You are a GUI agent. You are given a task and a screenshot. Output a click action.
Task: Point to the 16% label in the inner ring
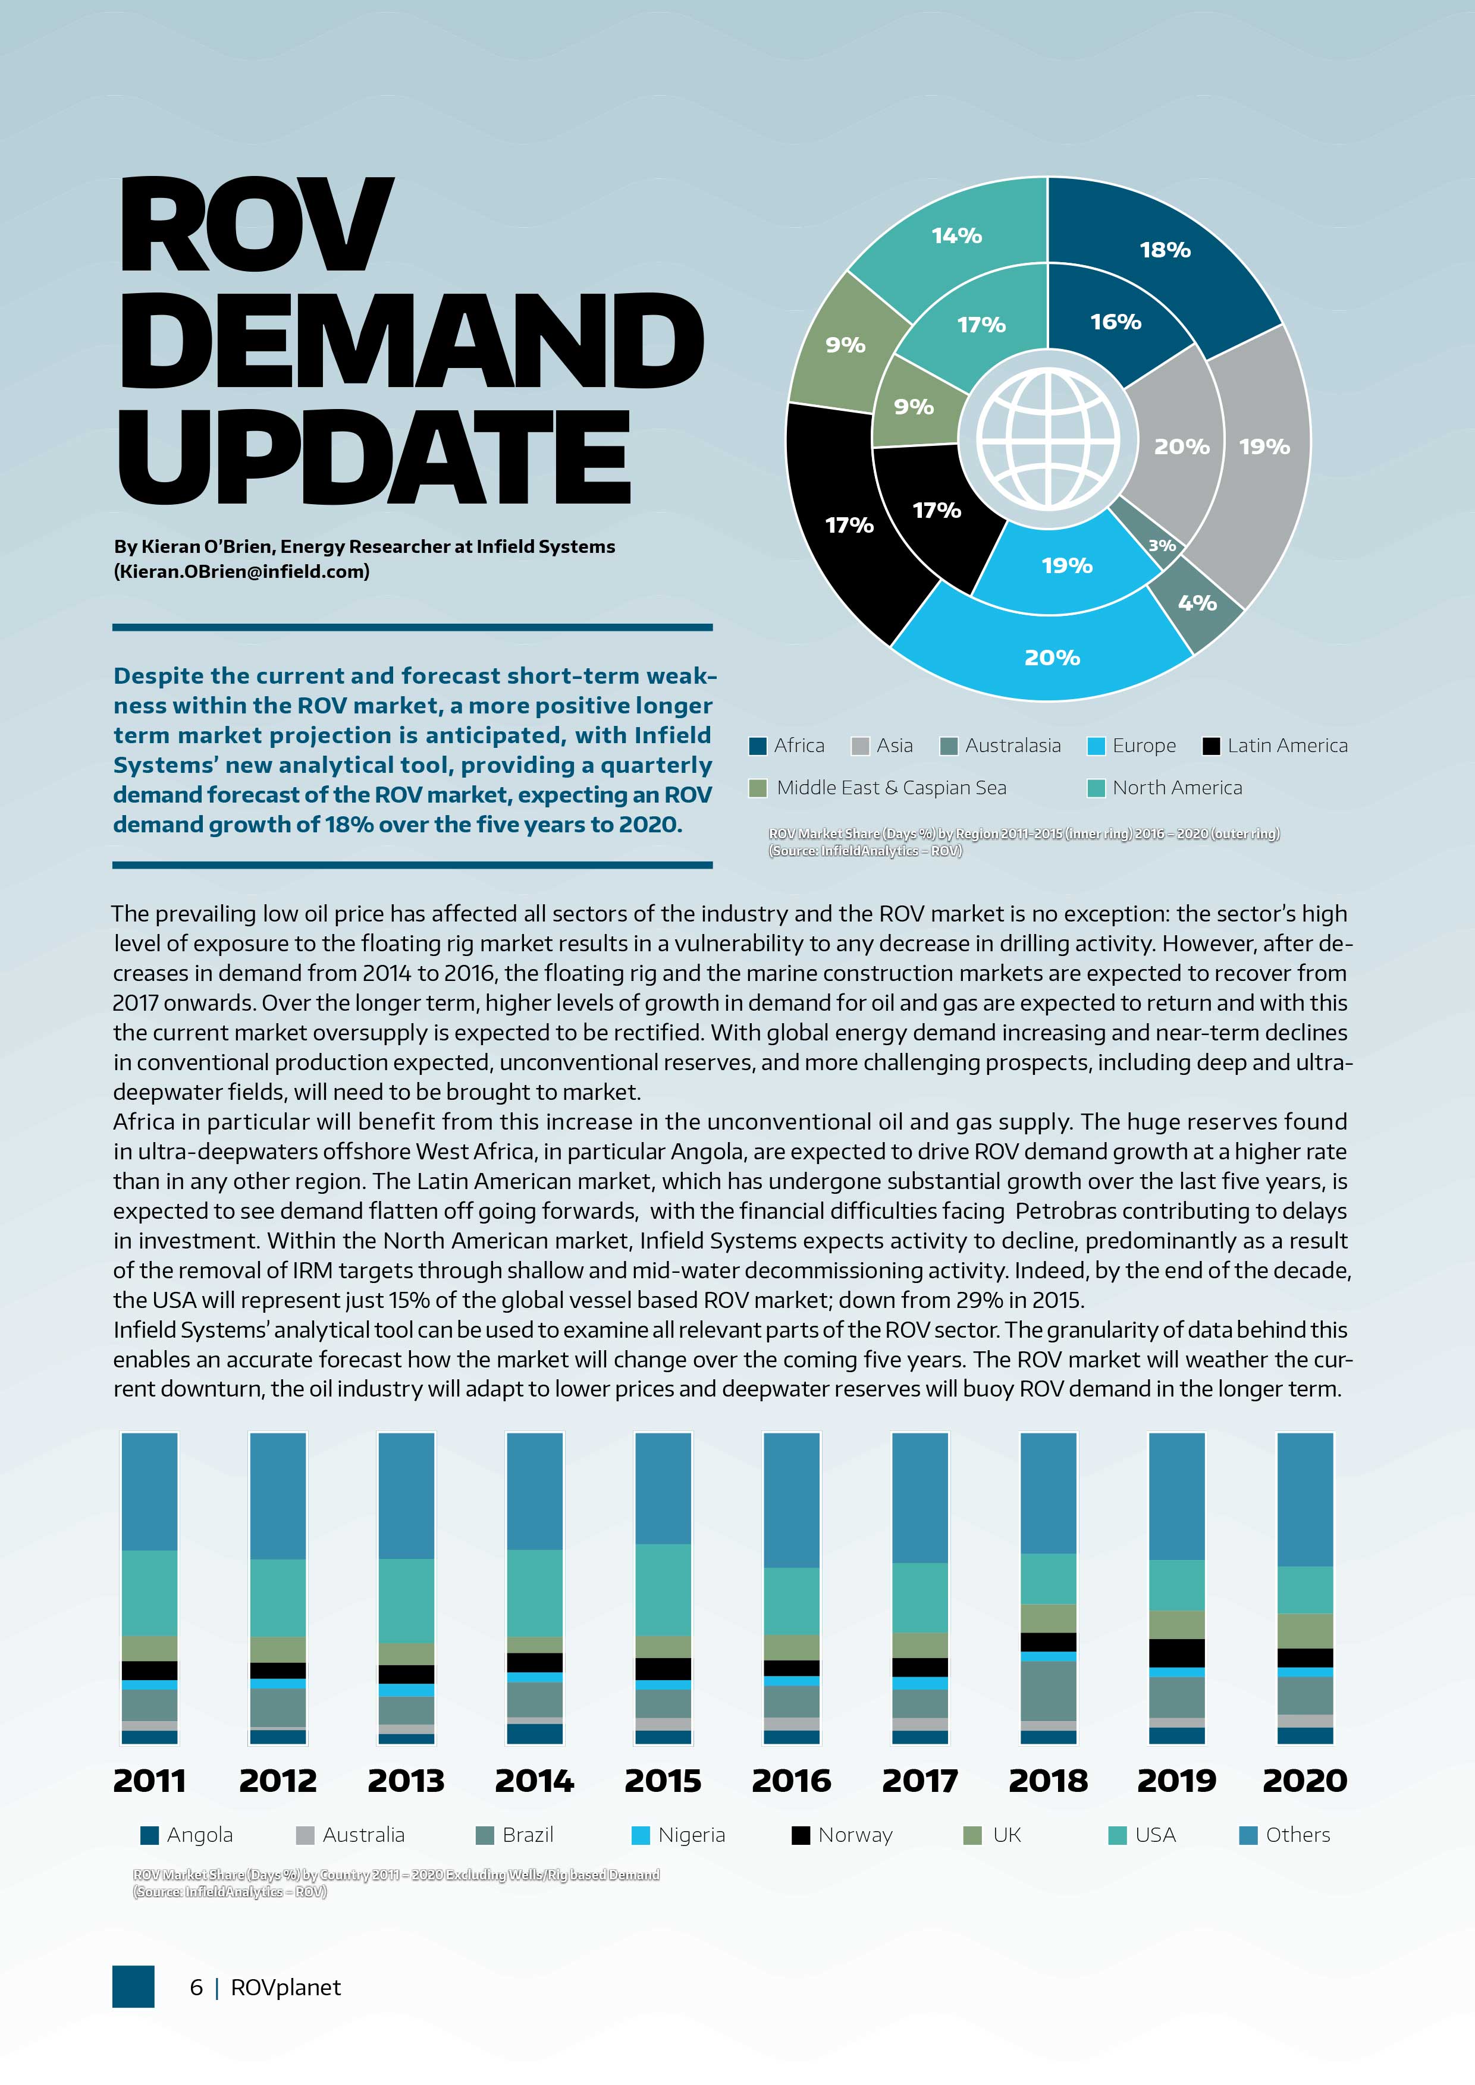pyautogui.click(x=1115, y=322)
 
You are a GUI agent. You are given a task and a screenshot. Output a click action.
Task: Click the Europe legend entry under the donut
pyautogui.click(x=1132, y=746)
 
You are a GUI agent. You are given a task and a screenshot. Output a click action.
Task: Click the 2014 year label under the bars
pyautogui.click(x=534, y=1781)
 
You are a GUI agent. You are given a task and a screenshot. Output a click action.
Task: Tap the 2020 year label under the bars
pyautogui.click(x=1304, y=1781)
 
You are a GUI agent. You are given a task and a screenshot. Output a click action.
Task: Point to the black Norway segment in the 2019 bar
pyautogui.click(x=1176, y=1653)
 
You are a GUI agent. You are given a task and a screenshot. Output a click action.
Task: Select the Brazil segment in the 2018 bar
pyautogui.click(x=1048, y=1691)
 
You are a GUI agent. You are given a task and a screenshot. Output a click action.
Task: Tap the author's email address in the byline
pyautogui.click(x=241, y=572)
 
